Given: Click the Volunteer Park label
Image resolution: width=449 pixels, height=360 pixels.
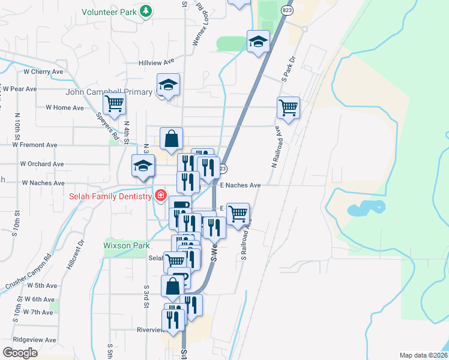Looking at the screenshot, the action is point(109,11).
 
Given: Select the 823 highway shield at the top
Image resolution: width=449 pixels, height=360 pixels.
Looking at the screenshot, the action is point(288,11).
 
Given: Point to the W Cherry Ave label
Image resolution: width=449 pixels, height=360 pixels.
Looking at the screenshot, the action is point(43,71).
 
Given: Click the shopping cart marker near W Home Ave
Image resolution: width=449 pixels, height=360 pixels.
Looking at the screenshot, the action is point(114,103).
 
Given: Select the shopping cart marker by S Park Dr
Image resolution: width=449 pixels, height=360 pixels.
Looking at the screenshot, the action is point(289,108).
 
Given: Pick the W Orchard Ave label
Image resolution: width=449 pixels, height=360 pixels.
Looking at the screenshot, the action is point(42,164).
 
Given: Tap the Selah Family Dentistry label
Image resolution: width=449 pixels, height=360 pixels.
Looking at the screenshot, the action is point(110,196).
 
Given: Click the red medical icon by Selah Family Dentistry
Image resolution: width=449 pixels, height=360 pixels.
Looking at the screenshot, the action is point(160,196).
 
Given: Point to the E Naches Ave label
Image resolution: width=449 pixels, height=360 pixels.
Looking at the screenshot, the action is point(240,185).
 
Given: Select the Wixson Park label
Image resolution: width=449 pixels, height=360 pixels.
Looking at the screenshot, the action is point(126,245).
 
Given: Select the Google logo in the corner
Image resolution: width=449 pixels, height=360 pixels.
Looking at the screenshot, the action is point(20,353).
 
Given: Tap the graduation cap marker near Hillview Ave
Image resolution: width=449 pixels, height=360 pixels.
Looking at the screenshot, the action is point(259,41).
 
